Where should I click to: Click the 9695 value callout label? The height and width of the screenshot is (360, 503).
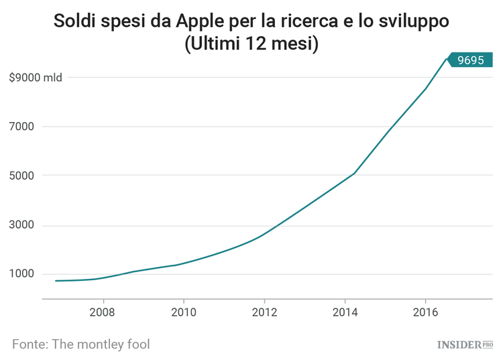pos(470,60)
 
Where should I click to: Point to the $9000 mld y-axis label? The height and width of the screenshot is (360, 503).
pos(36,78)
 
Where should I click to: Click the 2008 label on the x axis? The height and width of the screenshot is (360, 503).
pos(103,312)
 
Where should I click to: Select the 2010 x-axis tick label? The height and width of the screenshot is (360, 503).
pos(183,312)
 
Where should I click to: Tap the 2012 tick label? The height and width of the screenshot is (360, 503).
pos(264,312)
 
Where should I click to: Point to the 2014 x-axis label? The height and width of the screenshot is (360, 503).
pos(345,312)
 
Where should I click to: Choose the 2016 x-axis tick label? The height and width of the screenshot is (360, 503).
pos(426,312)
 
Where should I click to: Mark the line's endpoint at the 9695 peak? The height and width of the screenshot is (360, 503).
pos(447,59)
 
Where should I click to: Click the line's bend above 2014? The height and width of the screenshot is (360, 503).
pos(354,173)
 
